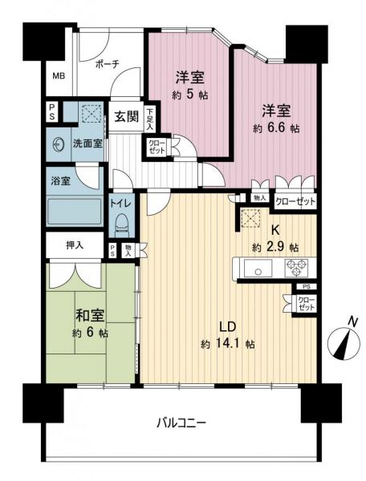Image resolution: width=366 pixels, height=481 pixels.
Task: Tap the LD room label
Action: (x=227, y=326)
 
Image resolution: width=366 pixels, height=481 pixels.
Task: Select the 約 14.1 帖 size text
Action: (x=229, y=345)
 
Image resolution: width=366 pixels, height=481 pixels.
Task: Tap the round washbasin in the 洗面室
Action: (x=58, y=145)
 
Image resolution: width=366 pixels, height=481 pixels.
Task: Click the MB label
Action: (x=59, y=77)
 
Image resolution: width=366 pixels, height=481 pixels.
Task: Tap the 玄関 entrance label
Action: (x=125, y=117)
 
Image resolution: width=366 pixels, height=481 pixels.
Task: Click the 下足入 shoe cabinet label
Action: (x=151, y=117)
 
